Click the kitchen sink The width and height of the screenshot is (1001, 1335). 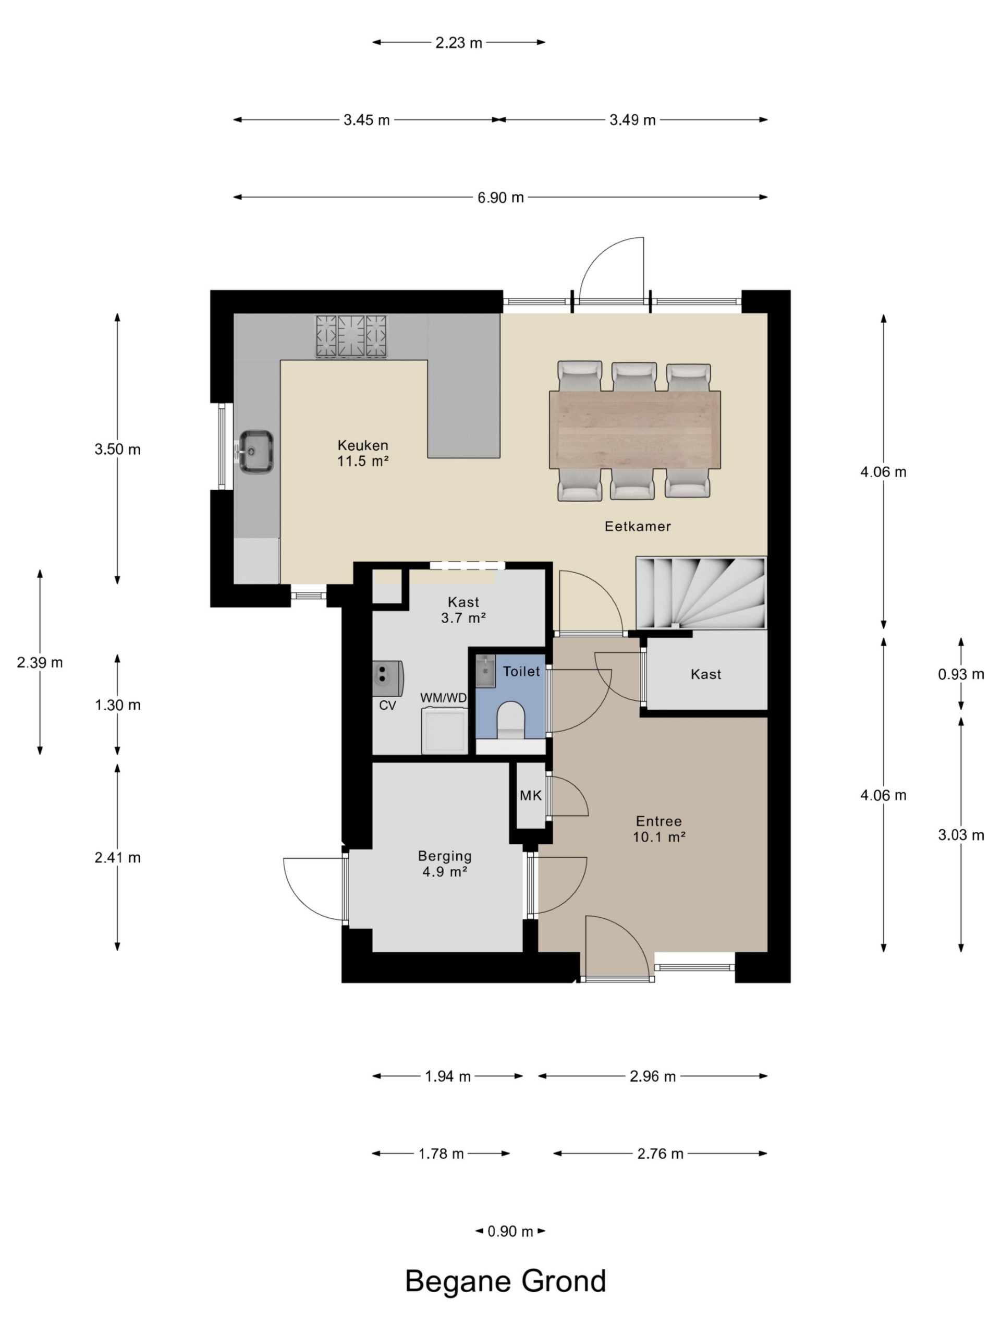tap(257, 451)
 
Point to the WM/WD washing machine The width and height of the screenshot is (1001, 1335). tap(445, 731)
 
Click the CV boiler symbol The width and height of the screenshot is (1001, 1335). tap(387, 676)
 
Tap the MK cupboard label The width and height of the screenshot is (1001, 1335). tap(530, 795)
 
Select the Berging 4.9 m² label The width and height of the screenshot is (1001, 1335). tap(445, 864)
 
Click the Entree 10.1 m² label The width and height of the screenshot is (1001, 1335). tap(659, 829)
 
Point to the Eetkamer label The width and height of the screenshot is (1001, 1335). tap(638, 526)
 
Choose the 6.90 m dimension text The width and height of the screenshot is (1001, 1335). tap(501, 197)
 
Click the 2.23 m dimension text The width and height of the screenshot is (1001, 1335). tap(459, 43)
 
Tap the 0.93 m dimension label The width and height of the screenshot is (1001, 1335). tap(960, 674)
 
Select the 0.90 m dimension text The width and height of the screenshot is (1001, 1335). tap(510, 1231)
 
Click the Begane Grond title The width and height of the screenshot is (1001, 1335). tap(506, 1281)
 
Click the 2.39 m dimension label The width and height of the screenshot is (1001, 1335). tap(40, 663)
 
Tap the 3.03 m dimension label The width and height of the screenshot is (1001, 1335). tap(960, 835)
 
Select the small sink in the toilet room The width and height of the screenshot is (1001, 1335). tap(485, 671)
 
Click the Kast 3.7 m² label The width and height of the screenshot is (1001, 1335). tap(463, 610)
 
